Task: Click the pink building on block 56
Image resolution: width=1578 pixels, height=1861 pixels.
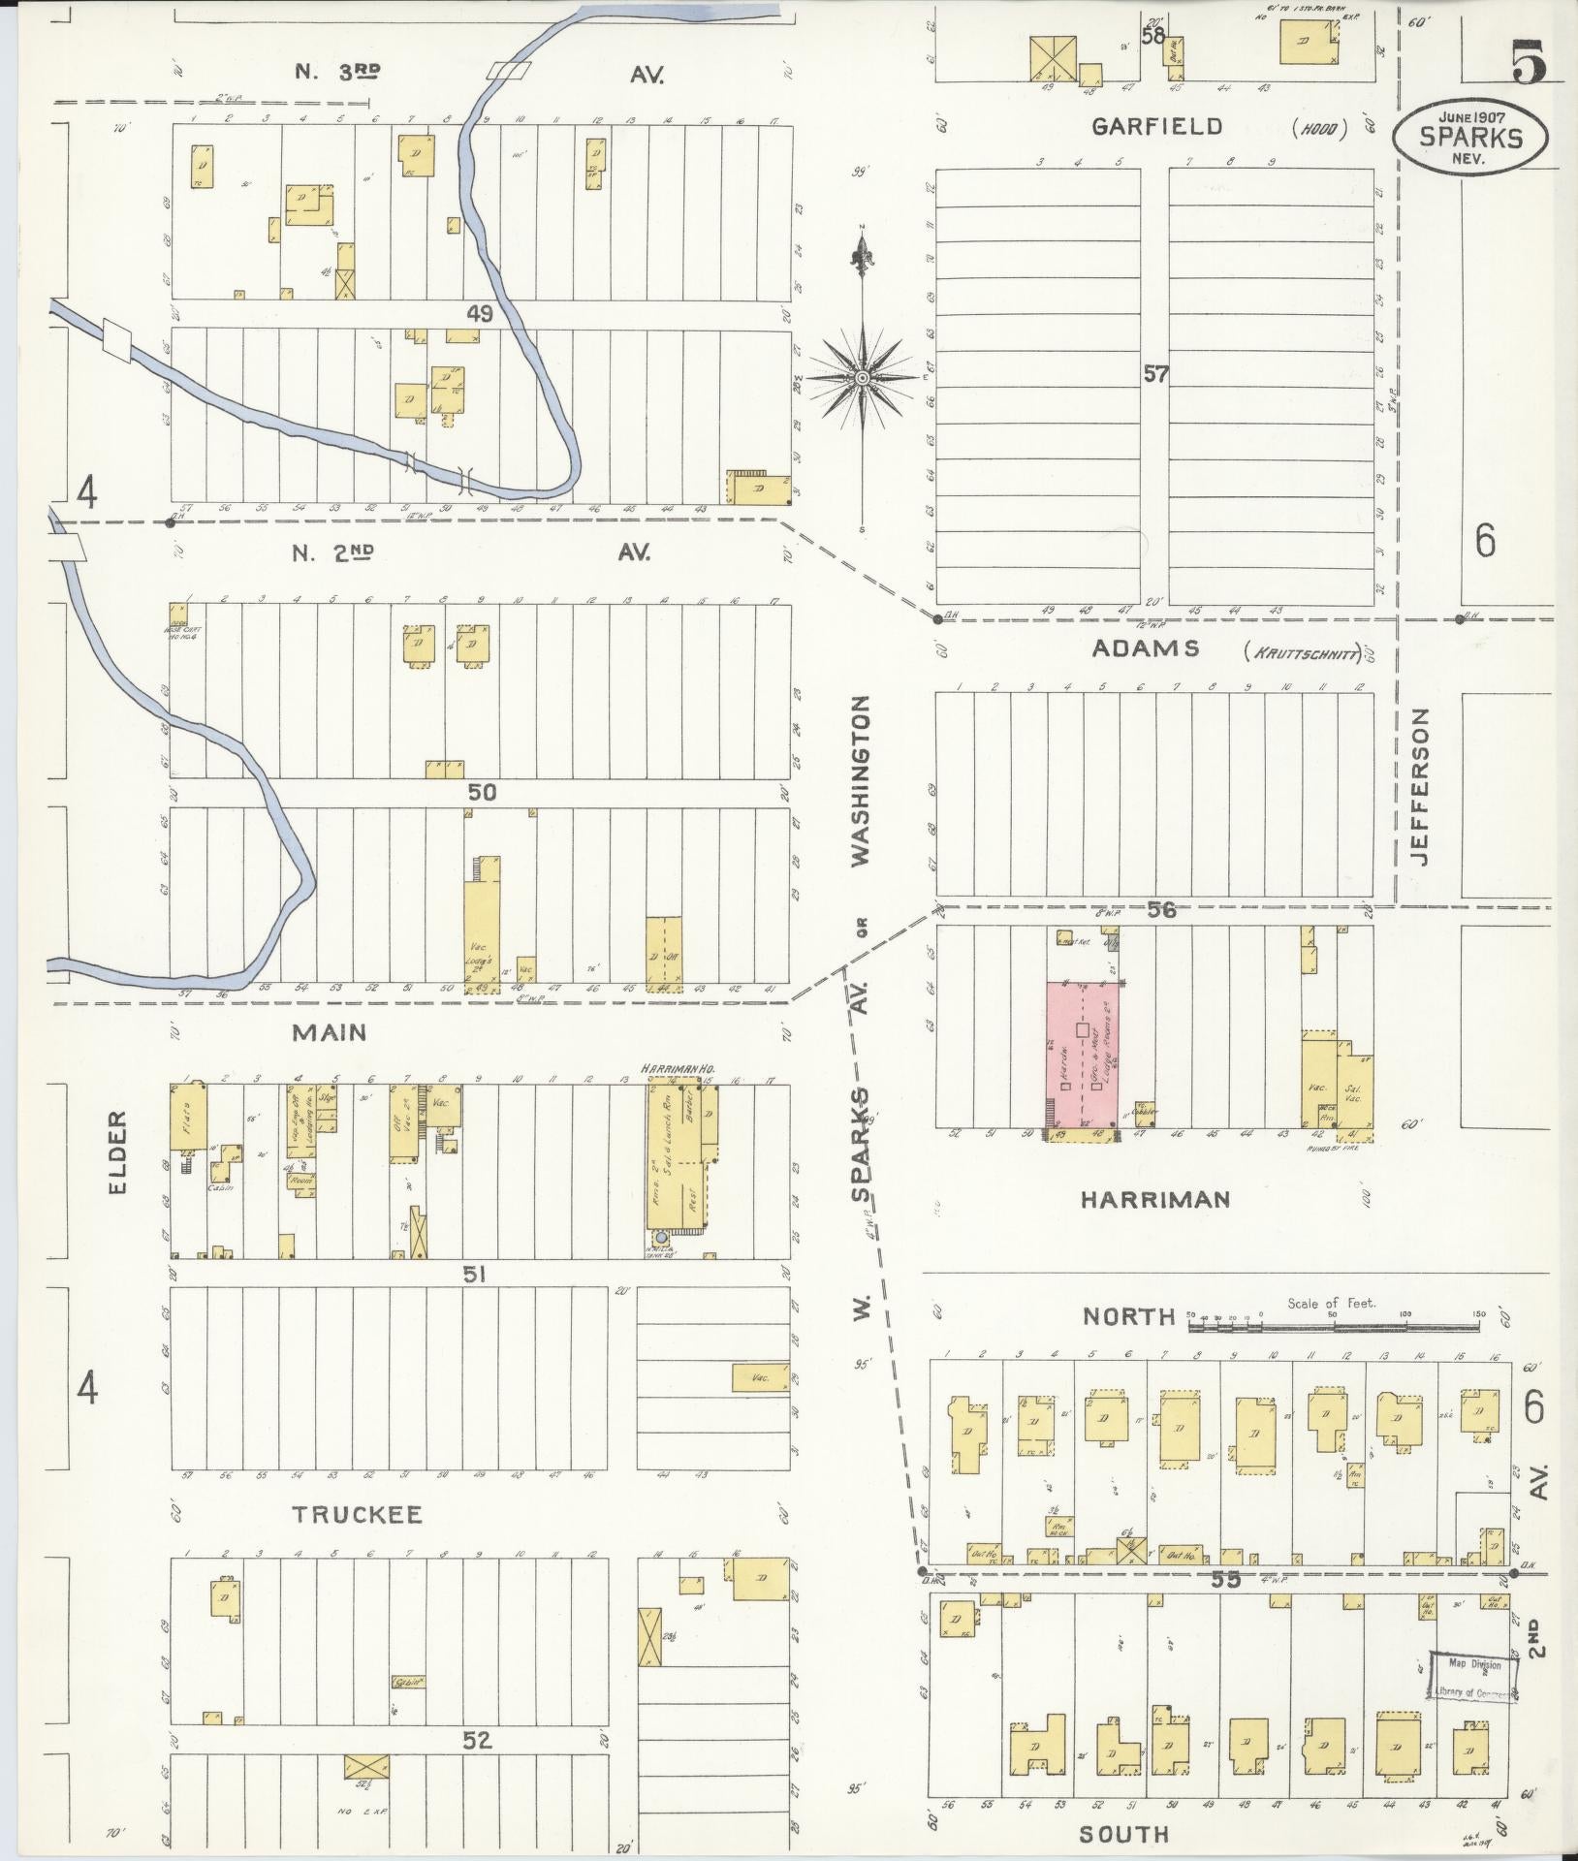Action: (x=1084, y=1055)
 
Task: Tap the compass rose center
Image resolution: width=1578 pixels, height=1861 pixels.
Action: (x=862, y=377)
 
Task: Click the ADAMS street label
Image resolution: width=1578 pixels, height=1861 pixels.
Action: (x=1145, y=648)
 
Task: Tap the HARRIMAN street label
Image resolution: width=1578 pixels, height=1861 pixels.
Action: (x=1155, y=1199)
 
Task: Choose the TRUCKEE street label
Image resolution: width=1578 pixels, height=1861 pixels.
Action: (x=358, y=1515)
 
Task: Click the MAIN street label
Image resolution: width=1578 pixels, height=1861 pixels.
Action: (x=331, y=1033)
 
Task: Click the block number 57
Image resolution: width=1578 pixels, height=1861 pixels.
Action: (x=1155, y=373)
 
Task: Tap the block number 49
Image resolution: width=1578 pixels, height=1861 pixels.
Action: (x=480, y=314)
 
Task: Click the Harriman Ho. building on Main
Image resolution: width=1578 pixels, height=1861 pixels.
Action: (x=682, y=1155)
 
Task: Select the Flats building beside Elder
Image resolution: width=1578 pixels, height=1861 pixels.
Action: (x=184, y=1116)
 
